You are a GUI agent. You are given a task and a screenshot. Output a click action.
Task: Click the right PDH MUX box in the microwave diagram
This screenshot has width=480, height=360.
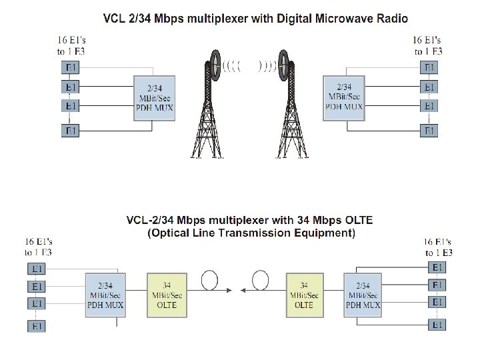click(343, 97)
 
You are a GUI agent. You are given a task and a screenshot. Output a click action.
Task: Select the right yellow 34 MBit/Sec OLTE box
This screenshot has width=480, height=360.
click(304, 295)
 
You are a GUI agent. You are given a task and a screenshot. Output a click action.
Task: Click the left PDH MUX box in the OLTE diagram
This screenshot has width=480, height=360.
click(105, 295)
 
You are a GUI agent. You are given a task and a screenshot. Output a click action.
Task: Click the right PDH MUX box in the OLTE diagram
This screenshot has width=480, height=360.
click(363, 295)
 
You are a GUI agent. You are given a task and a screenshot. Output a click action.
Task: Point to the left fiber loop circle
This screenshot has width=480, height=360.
click(211, 280)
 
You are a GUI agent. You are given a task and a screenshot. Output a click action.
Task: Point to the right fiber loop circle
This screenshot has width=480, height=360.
click(260, 280)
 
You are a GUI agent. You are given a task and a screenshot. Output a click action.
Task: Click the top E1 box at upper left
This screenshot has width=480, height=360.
click(71, 67)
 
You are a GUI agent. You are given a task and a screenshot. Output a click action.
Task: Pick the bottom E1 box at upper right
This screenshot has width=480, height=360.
click(431, 131)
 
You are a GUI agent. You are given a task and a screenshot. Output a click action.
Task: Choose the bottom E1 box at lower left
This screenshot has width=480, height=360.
click(37, 326)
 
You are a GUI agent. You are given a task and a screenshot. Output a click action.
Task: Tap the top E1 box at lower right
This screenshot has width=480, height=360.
click(437, 267)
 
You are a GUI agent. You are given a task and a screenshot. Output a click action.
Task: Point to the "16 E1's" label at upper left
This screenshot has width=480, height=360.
click(71, 41)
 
